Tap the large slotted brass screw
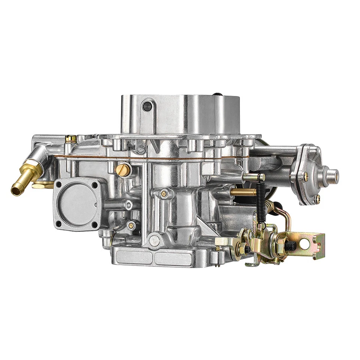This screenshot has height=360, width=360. point(123,170)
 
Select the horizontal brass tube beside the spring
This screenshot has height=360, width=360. point(243,192)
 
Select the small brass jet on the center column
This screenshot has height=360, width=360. point(164,193)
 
